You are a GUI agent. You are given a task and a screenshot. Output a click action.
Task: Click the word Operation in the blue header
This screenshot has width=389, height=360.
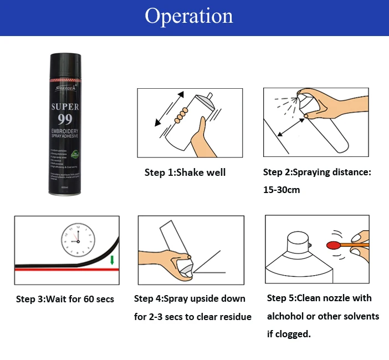tap(189, 16)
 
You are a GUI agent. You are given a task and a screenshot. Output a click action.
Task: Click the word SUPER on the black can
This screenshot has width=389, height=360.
tap(65, 107)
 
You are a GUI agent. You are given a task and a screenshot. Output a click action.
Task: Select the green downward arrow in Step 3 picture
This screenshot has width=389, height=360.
tap(112, 260)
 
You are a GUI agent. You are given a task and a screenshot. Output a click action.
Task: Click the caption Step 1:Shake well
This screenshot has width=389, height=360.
tap(185, 173)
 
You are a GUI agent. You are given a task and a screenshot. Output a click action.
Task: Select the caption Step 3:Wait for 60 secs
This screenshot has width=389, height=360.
tap(65, 299)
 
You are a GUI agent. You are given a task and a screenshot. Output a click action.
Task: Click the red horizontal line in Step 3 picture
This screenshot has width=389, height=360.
tap(61, 270)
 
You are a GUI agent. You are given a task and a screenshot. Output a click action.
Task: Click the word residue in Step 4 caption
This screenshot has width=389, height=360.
tap(233, 317)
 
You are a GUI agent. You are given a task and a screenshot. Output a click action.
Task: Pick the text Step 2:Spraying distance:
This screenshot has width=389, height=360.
tap(317, 173)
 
